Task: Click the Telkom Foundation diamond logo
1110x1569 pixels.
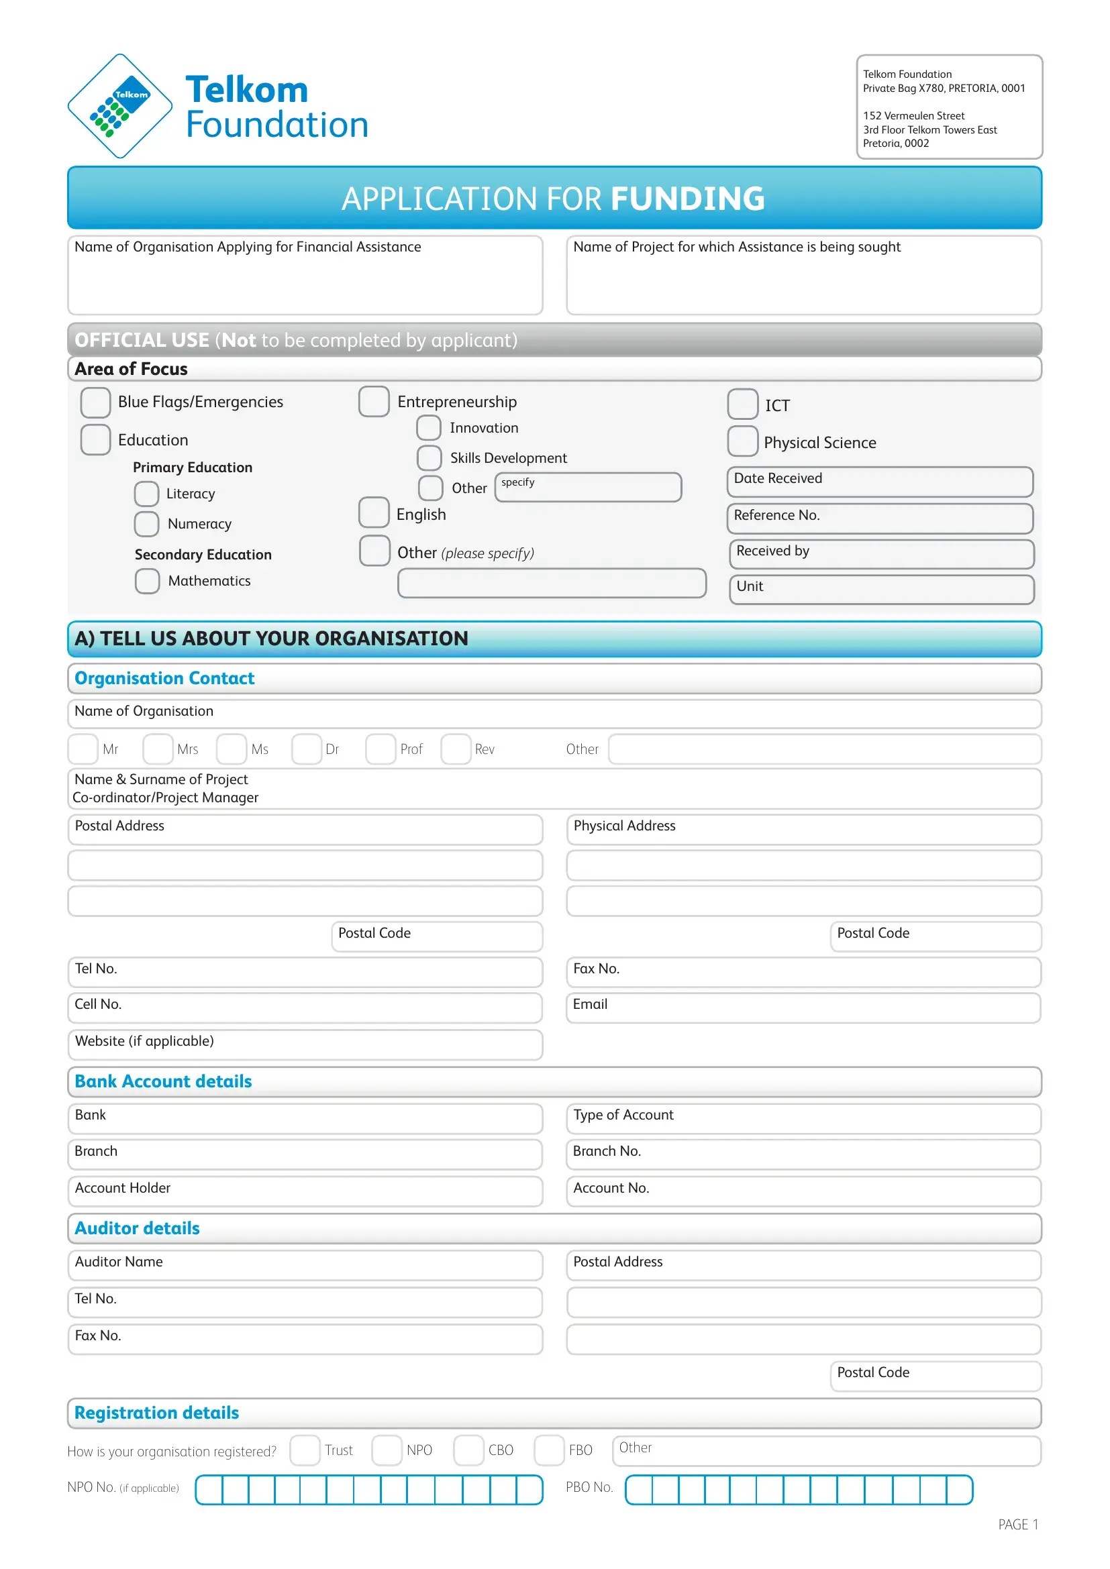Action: tap(119, 106)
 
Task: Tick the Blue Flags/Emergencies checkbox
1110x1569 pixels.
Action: tap(96, 402)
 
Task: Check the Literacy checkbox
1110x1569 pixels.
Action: tap(146, 494)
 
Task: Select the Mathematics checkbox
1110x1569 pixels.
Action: tap(147, 581)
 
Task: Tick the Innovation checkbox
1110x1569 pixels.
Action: tap(429, 428)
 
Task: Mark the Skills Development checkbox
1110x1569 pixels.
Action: tap(430, 458)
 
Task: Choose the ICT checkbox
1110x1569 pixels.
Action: tap(742, 404)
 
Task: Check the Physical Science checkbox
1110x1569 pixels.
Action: tap(742, 441)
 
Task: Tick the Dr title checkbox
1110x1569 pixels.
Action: tap(306, 749)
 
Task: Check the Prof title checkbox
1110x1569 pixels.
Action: tap(380, 749)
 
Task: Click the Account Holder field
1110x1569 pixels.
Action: tap(342, 1191)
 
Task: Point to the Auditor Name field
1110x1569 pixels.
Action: tap(342, 1265)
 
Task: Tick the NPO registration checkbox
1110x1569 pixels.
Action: tap(387, 1450)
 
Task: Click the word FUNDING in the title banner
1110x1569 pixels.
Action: tap(687, 199)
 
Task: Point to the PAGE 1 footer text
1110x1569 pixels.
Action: tap(1018, 1524)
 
